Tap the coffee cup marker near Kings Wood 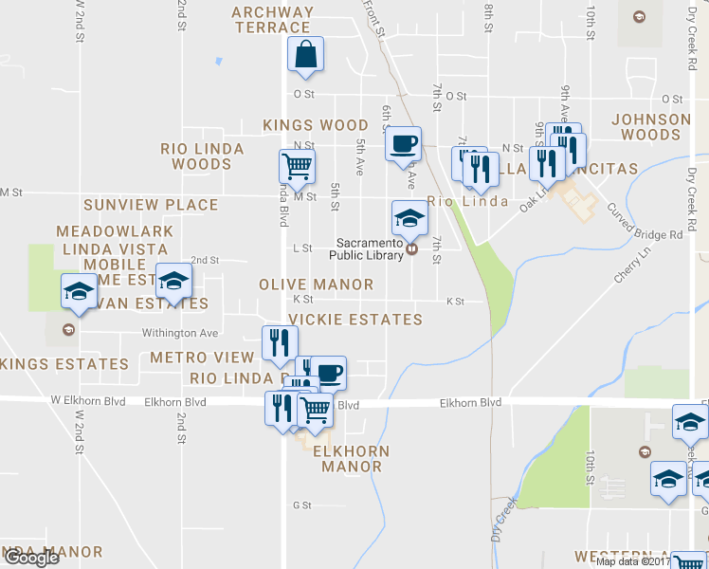403,145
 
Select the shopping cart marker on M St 297,168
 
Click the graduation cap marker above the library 409,218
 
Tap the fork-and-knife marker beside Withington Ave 280,343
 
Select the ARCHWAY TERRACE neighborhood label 273,20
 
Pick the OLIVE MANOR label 316,284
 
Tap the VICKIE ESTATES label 354,320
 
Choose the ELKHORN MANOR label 351,458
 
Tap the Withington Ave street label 180,333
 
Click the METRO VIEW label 202,358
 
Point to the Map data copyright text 632,561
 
